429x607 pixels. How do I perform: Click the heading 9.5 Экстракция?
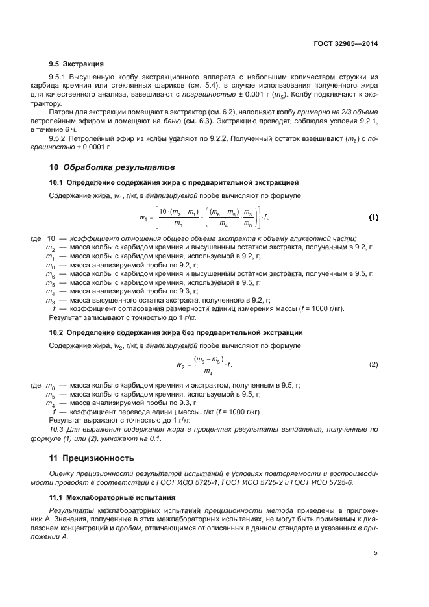tap(77, 64)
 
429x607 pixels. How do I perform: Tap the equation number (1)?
tap(374, 216)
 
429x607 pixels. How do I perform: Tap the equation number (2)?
tap(374, 365)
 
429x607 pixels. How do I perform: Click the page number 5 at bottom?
tap(376, 553)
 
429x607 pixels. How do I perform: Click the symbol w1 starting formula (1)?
tap(143, 217)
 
